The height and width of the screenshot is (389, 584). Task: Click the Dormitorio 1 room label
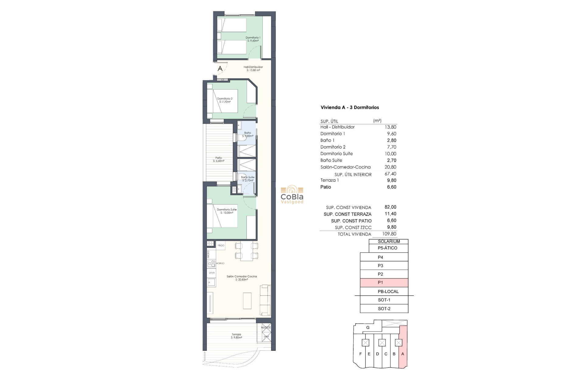253,39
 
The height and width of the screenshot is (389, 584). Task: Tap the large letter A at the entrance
220,69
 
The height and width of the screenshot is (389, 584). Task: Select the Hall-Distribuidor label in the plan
253,68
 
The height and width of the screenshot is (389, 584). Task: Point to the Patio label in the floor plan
219,159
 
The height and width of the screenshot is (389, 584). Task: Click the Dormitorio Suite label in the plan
227,211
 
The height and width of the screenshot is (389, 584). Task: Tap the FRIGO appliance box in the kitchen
221,245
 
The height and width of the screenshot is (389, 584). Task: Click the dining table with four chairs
246,251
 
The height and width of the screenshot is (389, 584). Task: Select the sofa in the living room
266,300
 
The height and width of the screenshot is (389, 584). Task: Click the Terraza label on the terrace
236,336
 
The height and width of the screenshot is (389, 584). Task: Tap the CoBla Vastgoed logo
292,194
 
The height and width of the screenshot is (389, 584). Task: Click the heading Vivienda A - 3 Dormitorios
349,107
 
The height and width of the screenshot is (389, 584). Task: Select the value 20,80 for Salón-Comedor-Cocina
390,167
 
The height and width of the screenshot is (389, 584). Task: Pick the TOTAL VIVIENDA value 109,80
389,234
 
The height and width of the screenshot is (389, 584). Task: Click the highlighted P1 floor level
384,283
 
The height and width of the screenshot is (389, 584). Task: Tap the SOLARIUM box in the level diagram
389,241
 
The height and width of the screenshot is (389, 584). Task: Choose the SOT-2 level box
384,308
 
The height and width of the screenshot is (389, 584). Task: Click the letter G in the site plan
368,327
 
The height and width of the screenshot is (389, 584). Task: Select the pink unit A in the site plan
403,349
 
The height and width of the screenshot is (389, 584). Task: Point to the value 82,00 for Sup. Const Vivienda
390,207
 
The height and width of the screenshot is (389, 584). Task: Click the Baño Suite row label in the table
331,160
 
